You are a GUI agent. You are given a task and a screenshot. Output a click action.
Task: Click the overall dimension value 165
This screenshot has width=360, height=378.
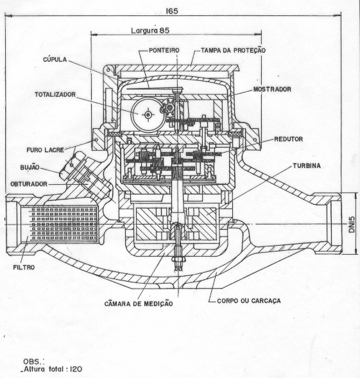172,11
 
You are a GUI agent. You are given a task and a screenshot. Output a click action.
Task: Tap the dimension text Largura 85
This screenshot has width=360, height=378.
150,30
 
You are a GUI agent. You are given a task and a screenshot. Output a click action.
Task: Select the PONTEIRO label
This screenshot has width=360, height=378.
164,51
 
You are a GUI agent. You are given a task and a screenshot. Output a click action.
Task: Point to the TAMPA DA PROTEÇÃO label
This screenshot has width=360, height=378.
233,50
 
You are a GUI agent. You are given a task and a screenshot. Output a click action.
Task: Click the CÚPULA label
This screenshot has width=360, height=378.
55,59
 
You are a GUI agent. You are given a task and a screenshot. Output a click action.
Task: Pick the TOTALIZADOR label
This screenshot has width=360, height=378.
55,94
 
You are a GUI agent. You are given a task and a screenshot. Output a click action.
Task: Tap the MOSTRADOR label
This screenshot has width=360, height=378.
272,89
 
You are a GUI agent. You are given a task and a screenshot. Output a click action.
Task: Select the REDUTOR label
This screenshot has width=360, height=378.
288,139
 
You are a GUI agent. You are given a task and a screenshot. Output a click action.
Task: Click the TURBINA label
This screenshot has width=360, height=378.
307,166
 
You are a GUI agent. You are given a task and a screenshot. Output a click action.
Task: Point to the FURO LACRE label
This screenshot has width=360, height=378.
46,150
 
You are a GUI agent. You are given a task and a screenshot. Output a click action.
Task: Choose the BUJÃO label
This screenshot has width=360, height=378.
30,167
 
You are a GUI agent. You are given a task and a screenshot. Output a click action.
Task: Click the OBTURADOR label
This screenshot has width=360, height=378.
29,184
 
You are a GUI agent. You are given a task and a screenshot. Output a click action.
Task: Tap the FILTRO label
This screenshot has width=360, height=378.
24,268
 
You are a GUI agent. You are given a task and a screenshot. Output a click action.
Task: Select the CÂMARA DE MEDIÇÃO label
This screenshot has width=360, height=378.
139,304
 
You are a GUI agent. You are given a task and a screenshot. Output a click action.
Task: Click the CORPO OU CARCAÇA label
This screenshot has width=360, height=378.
249,301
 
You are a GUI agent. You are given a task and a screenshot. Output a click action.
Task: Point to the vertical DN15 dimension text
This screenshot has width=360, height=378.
352,225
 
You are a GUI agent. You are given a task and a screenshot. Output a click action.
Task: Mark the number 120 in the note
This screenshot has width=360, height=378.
76,369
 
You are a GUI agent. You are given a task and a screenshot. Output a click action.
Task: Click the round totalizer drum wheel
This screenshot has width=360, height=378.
148,114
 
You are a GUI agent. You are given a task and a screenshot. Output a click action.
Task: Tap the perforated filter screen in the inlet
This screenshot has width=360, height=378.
64,224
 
